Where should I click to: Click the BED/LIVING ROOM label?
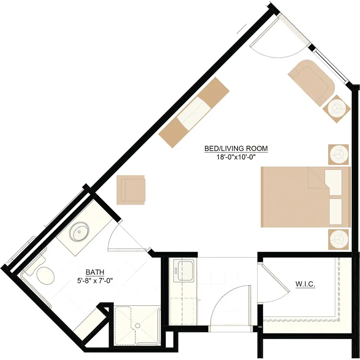[236, 149]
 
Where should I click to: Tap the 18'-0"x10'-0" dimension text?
[236, 157]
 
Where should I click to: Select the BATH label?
[95, 272]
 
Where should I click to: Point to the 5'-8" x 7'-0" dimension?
[95, 280]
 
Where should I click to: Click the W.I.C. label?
[305, 284]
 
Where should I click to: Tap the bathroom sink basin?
[79, 231]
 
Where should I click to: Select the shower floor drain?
[138, 325]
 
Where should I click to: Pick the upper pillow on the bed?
[333, 183]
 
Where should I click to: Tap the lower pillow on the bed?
[336, 212]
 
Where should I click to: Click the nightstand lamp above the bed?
[338, 154]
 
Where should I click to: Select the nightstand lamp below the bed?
[338, 239]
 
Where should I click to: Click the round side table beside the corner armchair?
[337, 109]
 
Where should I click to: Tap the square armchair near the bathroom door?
[131, 190]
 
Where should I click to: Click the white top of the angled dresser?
[194, 113]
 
